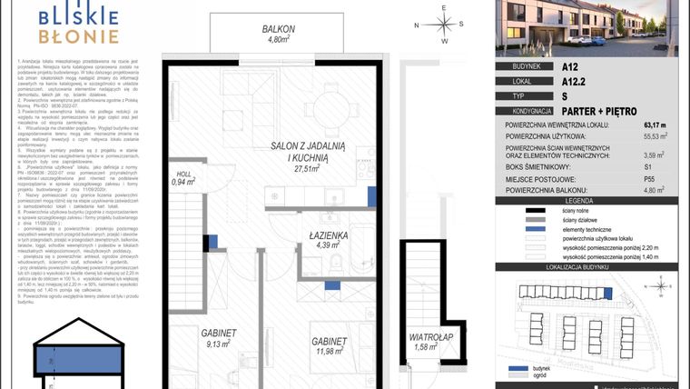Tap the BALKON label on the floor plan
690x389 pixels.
pyautogui.click(x=276, y=29)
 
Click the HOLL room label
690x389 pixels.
pyautogui.click(x=183, y=174)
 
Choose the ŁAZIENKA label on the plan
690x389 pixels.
pyautogui.click(x=329, y=234)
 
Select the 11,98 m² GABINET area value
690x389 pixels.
pyautogui.click(x=329, y=351)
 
